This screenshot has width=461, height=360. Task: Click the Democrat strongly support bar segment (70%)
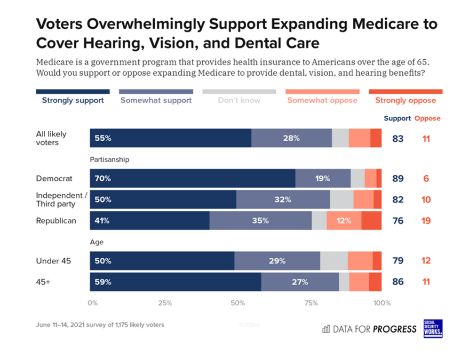192,179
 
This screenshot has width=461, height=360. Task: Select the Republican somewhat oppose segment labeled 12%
344,221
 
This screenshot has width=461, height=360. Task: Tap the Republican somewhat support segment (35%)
260,221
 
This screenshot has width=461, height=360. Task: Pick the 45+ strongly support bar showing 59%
175,282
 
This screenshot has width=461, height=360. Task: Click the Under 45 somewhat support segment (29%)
277,261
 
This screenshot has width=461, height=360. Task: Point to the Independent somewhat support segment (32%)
283,200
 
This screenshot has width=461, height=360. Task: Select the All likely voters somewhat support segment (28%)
291,138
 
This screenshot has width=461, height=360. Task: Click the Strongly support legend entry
73,100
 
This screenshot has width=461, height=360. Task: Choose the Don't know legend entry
239,100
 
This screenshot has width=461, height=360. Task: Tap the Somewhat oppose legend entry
322,100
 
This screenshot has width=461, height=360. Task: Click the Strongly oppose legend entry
405,100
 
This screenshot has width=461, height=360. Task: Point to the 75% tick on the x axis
311,303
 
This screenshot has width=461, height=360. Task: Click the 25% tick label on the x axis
165,303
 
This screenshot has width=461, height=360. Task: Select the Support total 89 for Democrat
398,179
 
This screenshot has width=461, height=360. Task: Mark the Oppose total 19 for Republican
426,221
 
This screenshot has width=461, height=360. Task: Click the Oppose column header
427,119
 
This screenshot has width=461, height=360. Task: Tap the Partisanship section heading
110,160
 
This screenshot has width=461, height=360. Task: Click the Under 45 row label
53,261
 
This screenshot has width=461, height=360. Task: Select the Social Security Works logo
433,328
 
